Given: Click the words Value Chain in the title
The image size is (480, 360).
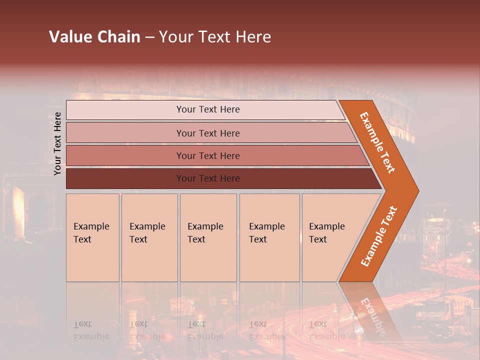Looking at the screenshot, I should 94,37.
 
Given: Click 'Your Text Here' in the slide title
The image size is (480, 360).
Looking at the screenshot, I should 215,37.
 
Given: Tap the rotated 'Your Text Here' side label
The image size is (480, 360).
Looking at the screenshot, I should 57,143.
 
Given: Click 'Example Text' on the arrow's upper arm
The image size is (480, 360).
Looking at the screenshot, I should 377,142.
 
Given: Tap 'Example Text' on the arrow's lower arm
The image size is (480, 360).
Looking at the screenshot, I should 379,236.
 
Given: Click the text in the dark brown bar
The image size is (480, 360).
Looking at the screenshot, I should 208,178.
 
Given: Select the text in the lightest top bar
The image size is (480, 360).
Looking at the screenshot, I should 208,109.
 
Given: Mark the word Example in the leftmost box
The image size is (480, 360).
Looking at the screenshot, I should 91,226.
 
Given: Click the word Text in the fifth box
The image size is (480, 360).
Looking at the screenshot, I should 317,239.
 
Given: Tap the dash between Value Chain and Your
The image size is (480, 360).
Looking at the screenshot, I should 149,37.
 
